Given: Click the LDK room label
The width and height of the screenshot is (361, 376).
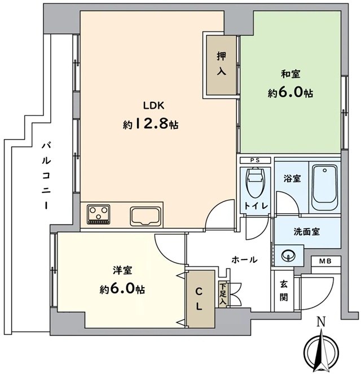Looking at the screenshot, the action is coord(153,105).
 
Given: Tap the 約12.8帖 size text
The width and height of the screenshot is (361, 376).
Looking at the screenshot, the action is coord(151,124).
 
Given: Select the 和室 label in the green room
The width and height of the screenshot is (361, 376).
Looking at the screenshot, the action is coord(290,74).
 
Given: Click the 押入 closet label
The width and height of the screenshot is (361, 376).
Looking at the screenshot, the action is coord(221,64).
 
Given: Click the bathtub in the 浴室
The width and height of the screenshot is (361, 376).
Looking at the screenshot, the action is coord(324,187).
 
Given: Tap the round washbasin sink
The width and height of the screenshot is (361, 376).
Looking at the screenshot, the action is coord(288,255).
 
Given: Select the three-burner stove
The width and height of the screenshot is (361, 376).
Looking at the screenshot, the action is coord(99,214).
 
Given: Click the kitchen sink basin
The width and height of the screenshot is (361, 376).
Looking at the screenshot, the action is coord(145,217).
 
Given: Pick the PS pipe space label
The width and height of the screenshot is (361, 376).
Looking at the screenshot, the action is coord(255,160).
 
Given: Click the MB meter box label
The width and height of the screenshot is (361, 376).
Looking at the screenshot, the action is coord(325,261).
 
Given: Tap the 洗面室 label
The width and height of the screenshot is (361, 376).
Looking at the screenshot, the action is coord(307,232).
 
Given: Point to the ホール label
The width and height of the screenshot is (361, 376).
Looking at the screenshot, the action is coord(245,259).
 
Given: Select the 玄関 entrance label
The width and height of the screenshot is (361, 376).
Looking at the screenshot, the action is coord(284,291).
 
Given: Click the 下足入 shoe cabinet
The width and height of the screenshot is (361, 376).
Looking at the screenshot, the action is coord(223,294).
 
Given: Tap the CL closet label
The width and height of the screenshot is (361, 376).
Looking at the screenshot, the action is coord(199,299).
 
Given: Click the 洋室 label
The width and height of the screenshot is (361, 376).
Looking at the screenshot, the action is coord(122,270).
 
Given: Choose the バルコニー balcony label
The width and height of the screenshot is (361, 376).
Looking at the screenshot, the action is coord(46,176).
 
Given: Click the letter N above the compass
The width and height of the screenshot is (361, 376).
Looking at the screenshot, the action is coord(321,321).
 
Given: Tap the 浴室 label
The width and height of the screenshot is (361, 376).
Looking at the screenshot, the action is coord(292,178).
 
